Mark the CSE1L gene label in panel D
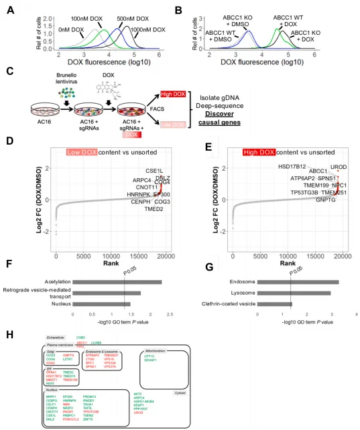(155, 171)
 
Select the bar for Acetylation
(117, 282)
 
